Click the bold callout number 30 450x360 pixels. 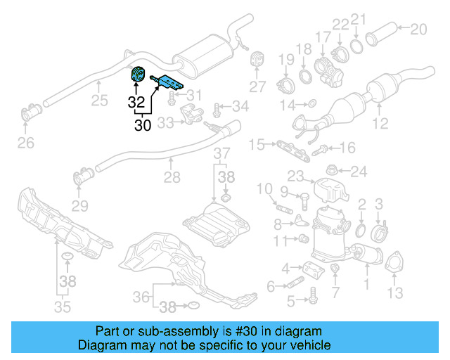[142, 125]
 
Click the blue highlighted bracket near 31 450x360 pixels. [169, 82]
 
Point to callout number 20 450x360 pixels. [418, 29]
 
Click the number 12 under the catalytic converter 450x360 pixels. [380, 125]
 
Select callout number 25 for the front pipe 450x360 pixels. [99, 101]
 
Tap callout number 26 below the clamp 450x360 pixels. [25, 145]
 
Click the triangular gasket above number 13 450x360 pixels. [392, 262]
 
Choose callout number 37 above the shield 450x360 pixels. [221, 153]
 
